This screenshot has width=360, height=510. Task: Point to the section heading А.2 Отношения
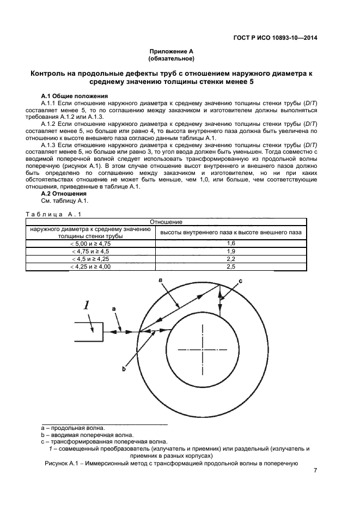[x=64, y=193]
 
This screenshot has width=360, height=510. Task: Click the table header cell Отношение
[x=166, y=222]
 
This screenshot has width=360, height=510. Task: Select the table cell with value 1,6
[x=230, y=244]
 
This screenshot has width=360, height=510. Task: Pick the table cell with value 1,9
[x=230, y=251]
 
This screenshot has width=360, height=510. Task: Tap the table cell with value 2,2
[x=230, y=259]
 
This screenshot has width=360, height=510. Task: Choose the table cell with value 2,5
[x=230, y=266]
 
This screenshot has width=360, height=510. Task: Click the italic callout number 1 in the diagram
[x=86, y=305]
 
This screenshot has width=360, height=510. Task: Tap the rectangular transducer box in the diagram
[x=88, y=332]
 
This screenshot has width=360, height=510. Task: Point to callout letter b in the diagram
[x=124, y=369]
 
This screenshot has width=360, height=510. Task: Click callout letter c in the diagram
[x=241, y=281]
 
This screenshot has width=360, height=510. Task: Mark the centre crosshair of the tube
[x=202, y=349]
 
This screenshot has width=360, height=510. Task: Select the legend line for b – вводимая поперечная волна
[x=87, y=435]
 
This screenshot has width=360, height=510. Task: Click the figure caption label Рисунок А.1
[x=62, y=464]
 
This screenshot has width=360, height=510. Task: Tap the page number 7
[x=315, y=471]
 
